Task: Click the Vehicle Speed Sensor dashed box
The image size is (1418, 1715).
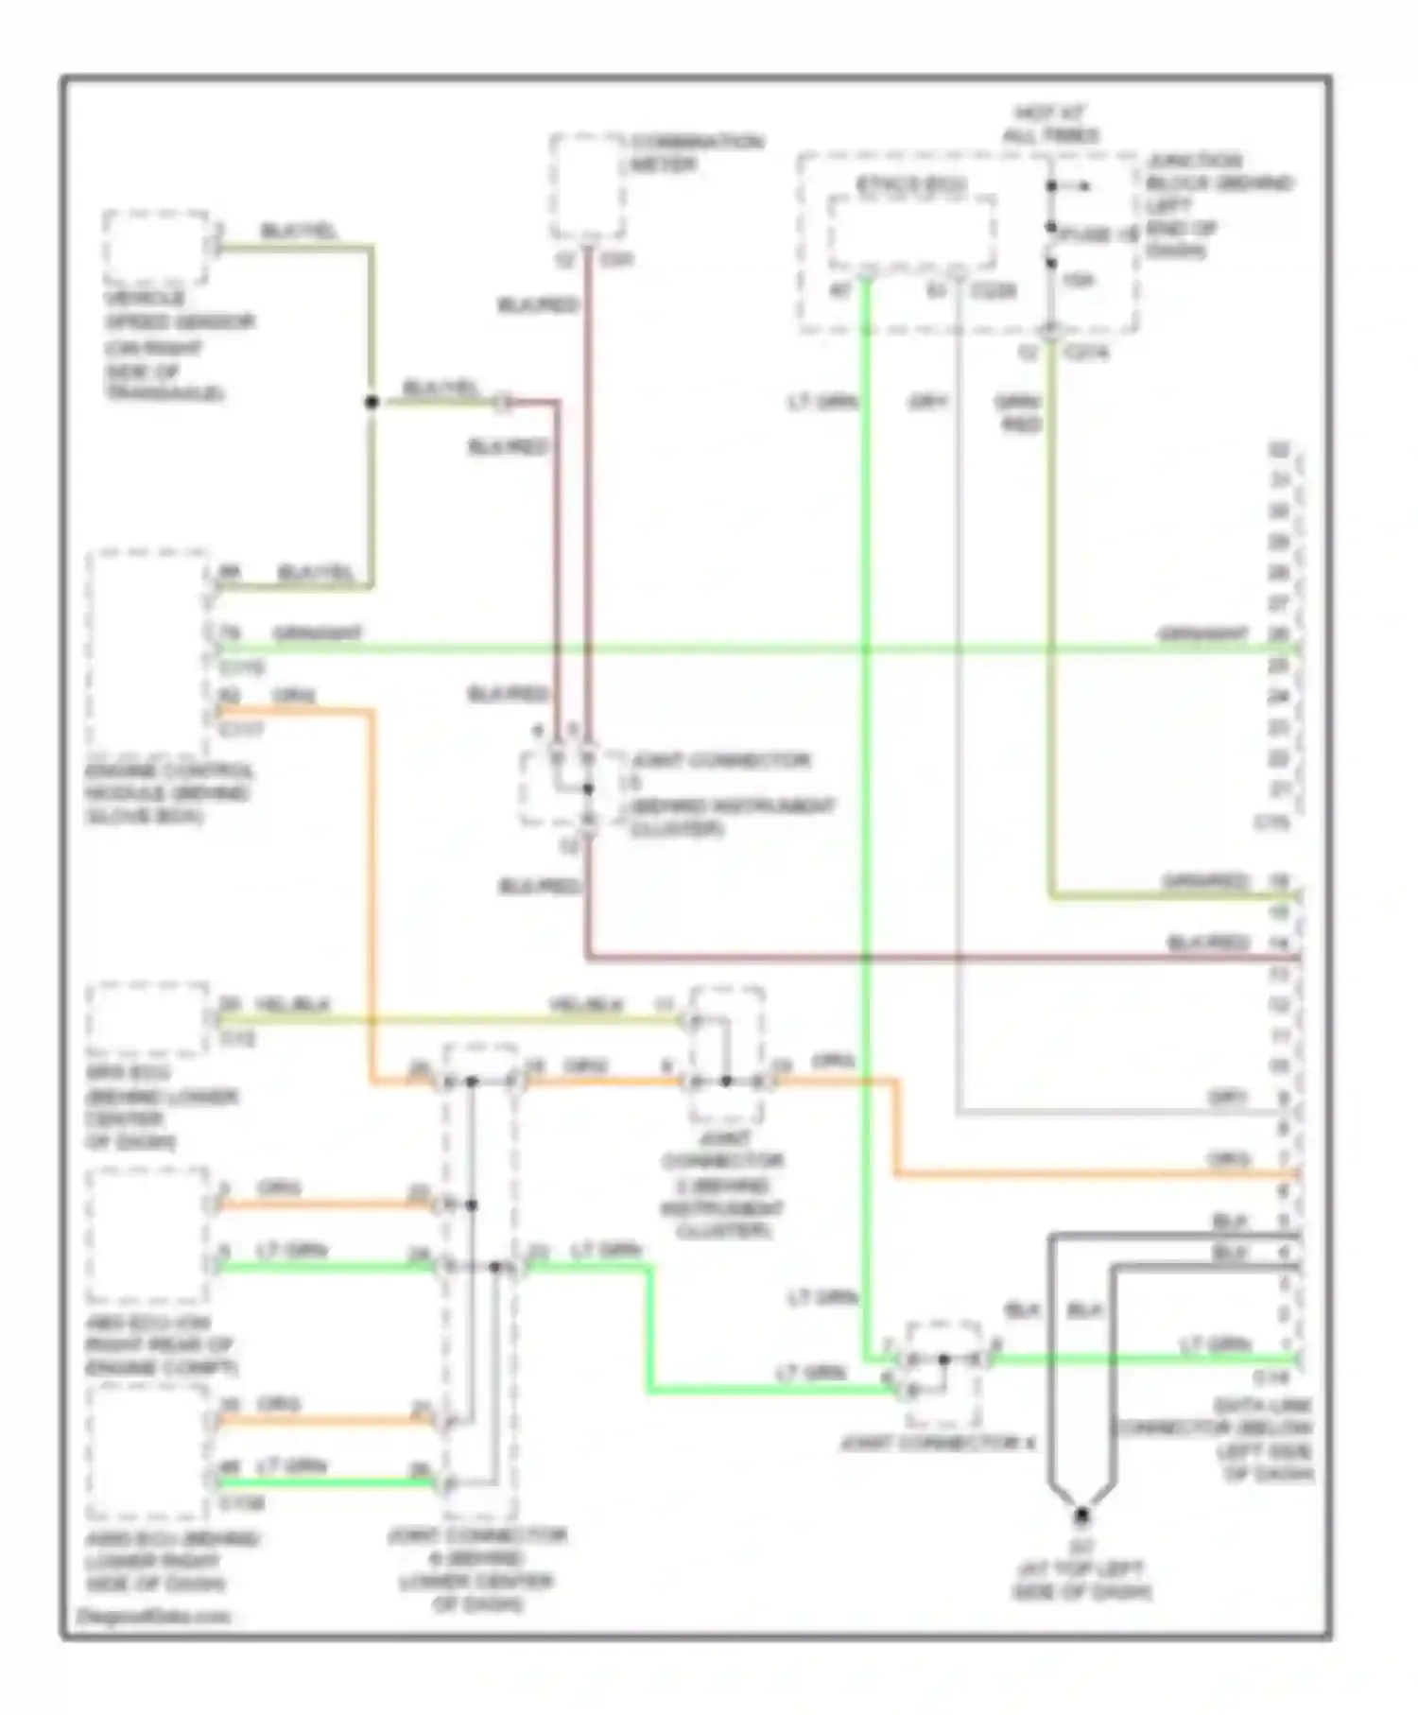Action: pos(156,248)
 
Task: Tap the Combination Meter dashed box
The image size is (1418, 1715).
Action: pos(587,187)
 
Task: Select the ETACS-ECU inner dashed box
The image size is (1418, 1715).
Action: pos(911,233)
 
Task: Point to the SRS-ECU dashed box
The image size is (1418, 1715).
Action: pos(147,1019)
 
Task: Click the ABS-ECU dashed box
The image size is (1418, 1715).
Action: pos(147,1236)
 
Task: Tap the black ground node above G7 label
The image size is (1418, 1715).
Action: pos(1081,1516)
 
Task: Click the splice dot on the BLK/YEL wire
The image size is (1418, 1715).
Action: pos(372,402)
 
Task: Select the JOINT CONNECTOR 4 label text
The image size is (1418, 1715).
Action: pos(937,1445)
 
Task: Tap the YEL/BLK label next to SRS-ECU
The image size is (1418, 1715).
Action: pos(292,1004)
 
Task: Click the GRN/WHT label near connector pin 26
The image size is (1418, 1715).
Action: pos(1202,634)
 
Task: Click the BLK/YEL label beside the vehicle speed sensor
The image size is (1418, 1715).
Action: pos(299,232)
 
